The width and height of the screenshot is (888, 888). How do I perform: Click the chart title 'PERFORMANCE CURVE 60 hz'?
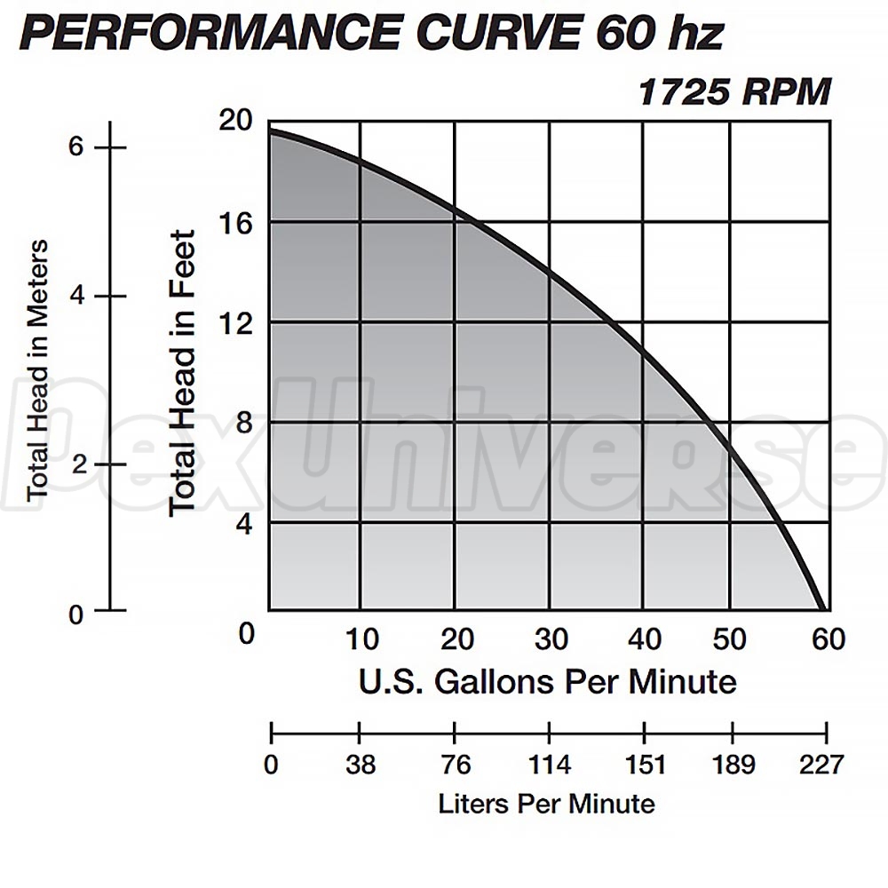click(371, 34)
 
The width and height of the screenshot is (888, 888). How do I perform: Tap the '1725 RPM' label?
click(734, 92)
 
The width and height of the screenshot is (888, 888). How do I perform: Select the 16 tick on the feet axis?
click(236, 222)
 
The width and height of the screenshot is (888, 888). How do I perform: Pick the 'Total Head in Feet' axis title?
click(182, 372)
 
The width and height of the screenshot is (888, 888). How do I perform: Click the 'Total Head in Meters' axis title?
click(36, 369)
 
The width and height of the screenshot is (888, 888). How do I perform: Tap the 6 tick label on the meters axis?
click(75, 147)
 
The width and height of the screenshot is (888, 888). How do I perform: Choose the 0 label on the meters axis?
click(75, 613)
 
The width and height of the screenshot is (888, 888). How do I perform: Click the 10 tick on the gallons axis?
click(361, 638)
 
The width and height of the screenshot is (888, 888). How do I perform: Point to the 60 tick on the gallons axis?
click(827, 638)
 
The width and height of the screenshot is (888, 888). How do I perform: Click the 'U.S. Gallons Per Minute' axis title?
click(547, 682)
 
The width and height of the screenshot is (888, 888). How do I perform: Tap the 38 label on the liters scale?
click(361, 765)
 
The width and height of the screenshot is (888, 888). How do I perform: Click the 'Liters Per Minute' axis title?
click(546, 804)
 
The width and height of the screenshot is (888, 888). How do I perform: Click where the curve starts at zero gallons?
click(270, 131)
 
